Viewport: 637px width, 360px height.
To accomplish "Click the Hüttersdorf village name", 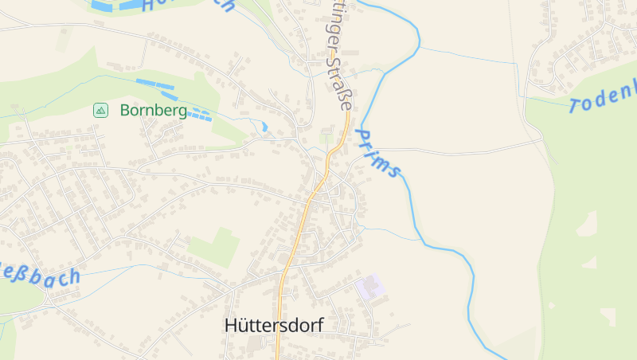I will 275,325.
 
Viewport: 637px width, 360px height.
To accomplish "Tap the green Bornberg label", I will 153,111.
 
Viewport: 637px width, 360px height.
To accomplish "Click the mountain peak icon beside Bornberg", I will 100,110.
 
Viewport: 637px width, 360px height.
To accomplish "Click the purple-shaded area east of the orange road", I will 369,287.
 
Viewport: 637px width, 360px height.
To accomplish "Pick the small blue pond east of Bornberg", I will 264,126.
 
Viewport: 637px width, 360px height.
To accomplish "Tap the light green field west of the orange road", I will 215,246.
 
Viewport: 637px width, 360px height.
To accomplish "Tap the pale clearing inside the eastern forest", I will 587,225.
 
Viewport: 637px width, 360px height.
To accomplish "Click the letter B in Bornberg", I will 126,111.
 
